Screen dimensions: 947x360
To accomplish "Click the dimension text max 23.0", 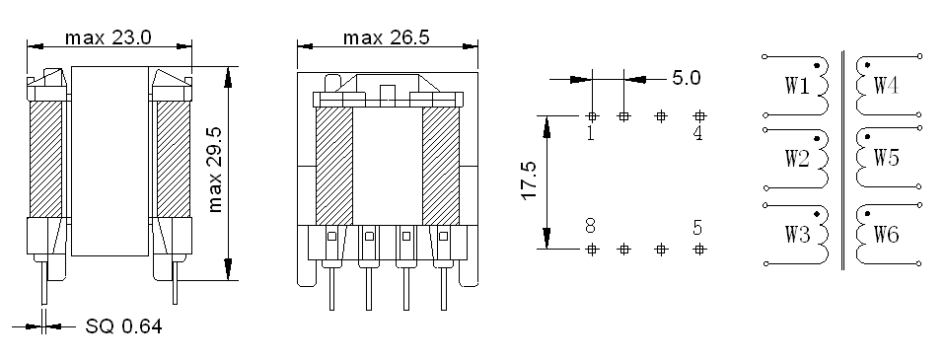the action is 109,38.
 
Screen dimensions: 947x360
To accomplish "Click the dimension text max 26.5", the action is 387,38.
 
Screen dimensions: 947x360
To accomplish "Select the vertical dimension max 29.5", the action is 215,170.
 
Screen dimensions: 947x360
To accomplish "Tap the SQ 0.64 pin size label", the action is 124,326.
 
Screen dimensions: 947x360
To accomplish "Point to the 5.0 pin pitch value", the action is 687,78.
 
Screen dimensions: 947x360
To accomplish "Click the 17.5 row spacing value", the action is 530,180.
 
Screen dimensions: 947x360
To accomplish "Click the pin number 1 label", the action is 591,133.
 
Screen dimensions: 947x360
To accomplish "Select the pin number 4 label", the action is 698,133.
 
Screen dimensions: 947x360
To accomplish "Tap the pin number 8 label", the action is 591,226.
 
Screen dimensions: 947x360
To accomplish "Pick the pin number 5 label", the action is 698,228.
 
